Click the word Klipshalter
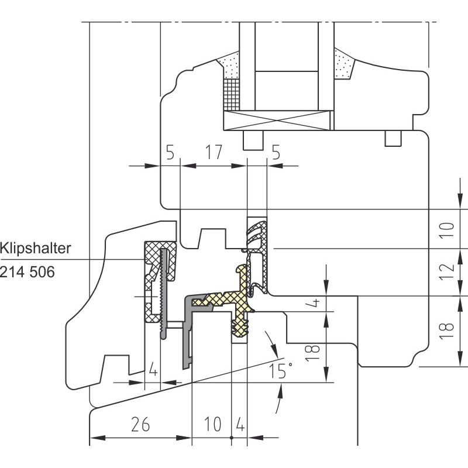[x=35, y=248]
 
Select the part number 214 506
[x=27, y=272]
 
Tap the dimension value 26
[x=140, y=424]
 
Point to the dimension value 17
[x=214, y=152]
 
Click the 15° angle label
[x=281, y=371]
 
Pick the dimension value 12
[x=447, y=271]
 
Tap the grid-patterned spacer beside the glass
[x=232, y=94]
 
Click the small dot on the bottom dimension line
[x=232, y=438]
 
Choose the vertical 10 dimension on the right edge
[x=447, y=229]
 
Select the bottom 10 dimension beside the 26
[x=213, y=424]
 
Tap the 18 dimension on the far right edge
[x=447, y=331]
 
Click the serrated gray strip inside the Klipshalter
[x=163, y=294]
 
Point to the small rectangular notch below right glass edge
[x=393, y=139]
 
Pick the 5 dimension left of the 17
[x=170, y=152]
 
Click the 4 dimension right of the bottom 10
[x=240, y=424]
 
